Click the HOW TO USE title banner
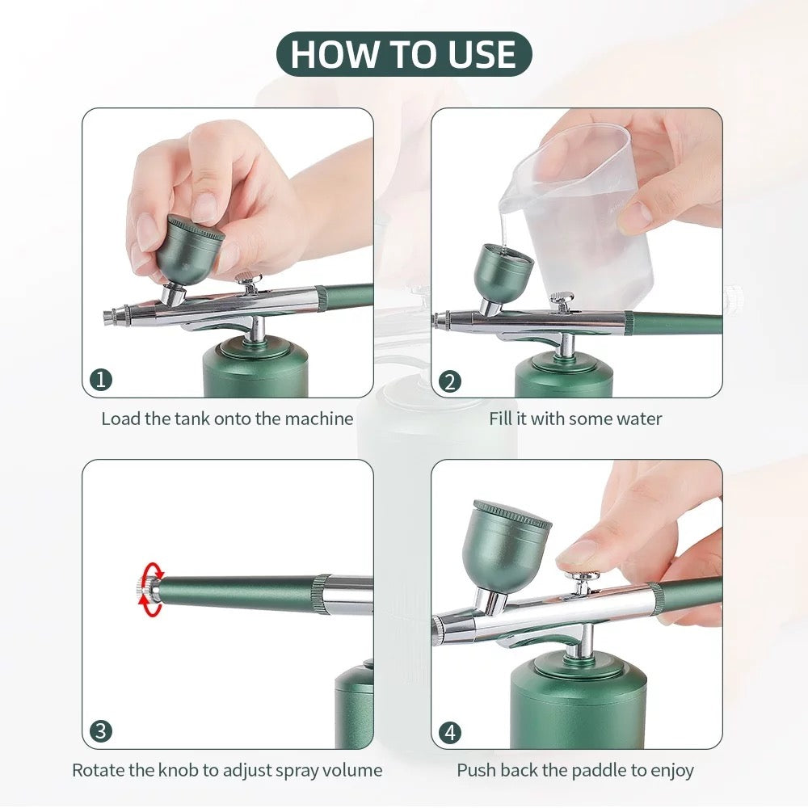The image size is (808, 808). pyautogui.click(x=404, y=54)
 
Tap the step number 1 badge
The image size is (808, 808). pyautogui.click(x=100, y=381)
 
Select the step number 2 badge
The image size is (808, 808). pyautogui.click(x=450, y=381)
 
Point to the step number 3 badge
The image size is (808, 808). pyautogui.click(x=100, y=732)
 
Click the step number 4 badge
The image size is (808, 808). pyautogui.click(x=450, y=733)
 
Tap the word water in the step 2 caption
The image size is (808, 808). pyautogui.click(x=638, y=419)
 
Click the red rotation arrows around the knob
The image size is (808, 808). pyautogui.click(x=150, y=591)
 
